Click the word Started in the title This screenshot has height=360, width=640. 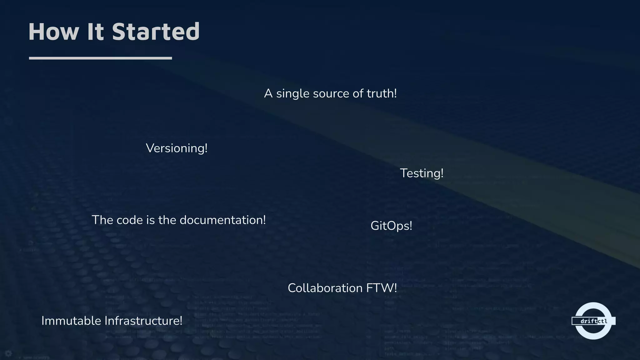[x=156, y=32]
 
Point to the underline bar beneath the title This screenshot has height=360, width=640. [x=100, y=58]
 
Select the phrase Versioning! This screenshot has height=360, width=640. [x=177, y=148]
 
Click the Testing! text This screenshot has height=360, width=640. [x=422, y=173]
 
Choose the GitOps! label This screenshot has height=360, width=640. [x=391, y=226]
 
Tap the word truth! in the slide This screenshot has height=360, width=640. [x=382, y=93]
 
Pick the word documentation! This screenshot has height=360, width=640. [x=222, y=220]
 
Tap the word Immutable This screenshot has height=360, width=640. [x=71, y=321]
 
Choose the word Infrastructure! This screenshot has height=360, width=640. [x=143, y=321]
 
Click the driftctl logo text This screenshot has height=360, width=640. [x=593, y=321]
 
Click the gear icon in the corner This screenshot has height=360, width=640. [x=8, y=353]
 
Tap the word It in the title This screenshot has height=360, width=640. [x=95, y=32]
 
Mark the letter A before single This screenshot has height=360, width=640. [x=268, y=93]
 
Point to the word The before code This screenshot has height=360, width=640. [x=102, y=220]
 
